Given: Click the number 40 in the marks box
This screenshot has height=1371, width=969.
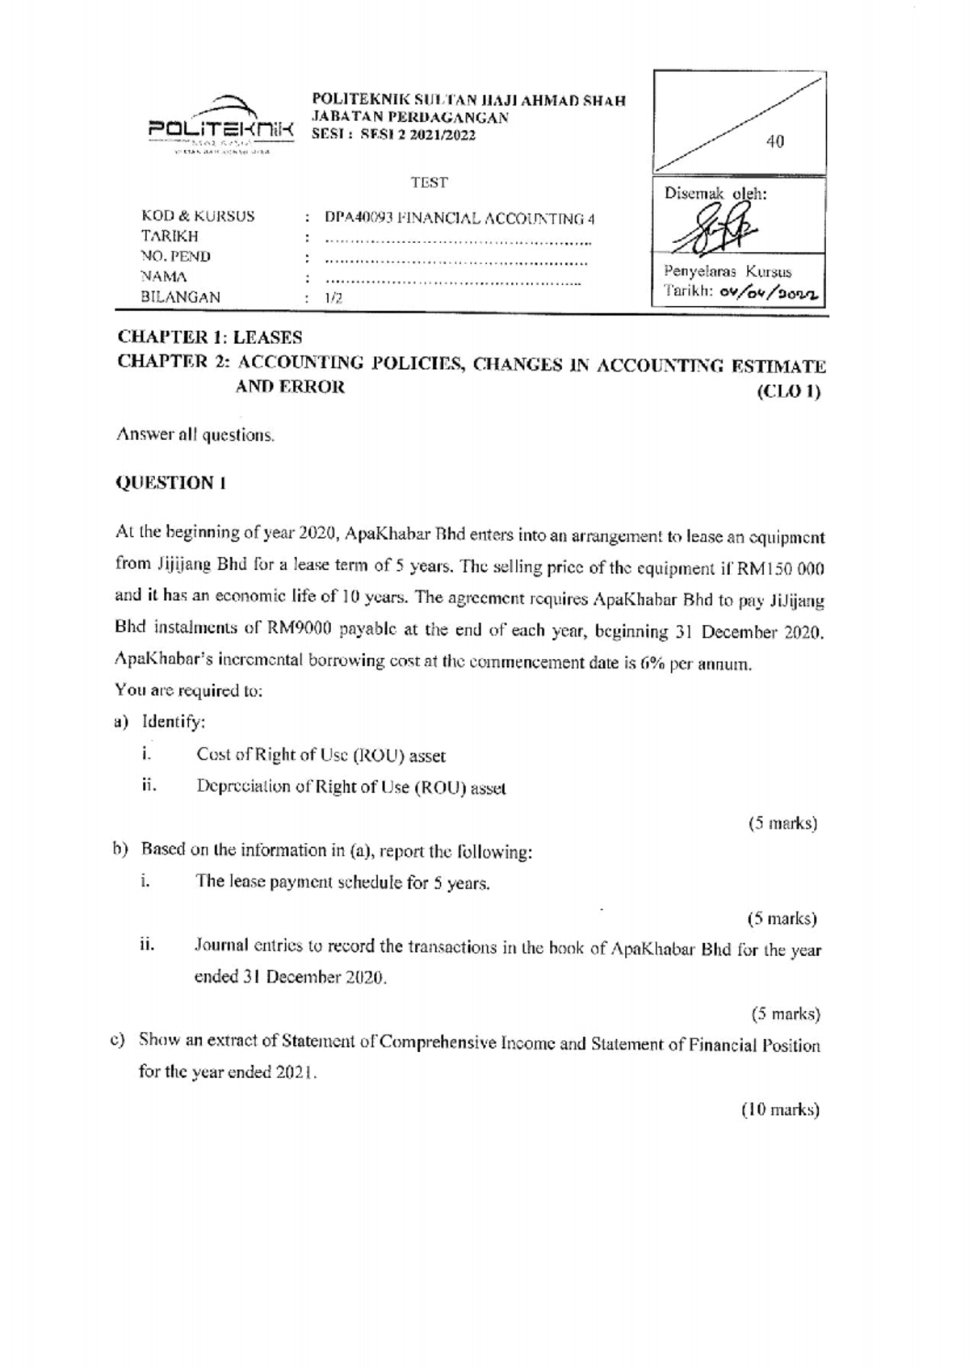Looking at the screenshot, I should [774, 142].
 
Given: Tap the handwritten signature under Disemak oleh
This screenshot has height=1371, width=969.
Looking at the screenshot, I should [715, 230].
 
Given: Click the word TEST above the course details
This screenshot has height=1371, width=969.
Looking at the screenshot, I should [429, 182].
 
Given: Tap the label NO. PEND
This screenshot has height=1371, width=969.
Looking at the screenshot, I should [176, 257].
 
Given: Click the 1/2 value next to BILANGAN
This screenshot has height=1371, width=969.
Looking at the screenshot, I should [333, 298].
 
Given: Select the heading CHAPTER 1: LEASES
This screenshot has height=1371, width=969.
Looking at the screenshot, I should [210, 337].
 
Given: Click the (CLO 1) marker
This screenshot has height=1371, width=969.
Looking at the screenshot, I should [789, 393].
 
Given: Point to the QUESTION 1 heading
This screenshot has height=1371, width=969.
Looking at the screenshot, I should [171, 483].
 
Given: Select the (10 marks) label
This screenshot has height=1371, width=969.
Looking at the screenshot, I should [780, 1110].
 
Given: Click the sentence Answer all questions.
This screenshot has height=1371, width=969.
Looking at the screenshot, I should [196, 434].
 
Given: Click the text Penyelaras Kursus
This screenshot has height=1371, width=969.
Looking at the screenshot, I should [727, 272].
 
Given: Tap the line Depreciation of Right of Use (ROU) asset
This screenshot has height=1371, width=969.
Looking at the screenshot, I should [351, 788].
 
